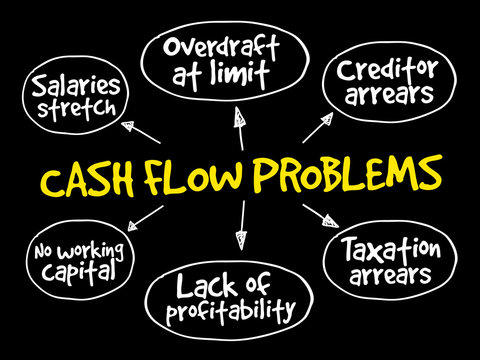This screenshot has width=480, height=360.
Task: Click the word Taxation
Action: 391,247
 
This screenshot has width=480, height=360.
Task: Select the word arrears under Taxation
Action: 390,273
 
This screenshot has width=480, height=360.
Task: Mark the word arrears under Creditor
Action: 385,97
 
